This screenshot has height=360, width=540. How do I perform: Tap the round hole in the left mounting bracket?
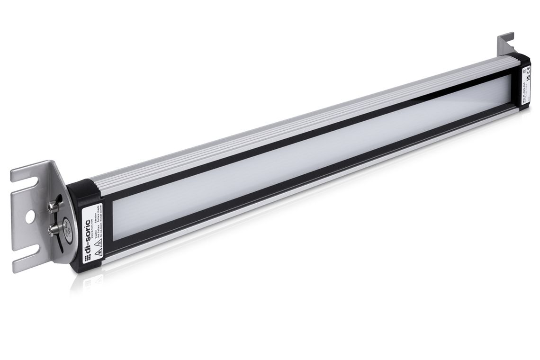point(30,216)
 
